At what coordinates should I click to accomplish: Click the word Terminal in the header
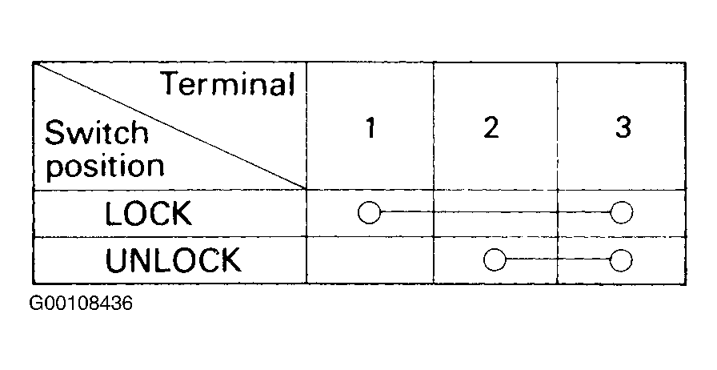(229, 84)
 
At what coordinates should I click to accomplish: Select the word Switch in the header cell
(97, 132)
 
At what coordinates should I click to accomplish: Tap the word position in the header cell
(105, 167)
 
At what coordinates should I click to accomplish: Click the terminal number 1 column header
(371, 127)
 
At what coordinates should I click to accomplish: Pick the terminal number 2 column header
(491, 127)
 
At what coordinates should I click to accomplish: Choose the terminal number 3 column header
(623, 127)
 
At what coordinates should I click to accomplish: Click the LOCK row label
(148, 214)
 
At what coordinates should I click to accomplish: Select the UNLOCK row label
(173, 260)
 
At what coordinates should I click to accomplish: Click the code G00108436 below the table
(81, 303)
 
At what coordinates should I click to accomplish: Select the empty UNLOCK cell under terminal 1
(370, 260)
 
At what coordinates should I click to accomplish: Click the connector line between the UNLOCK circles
(558, 259)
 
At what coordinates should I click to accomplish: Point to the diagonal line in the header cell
(170, 126)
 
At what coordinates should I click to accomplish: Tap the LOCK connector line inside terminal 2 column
(495, 212)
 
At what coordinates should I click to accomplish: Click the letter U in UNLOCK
(115, 260)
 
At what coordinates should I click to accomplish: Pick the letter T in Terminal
(174, 83)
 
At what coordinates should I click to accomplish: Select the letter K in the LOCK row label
(182, 214)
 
